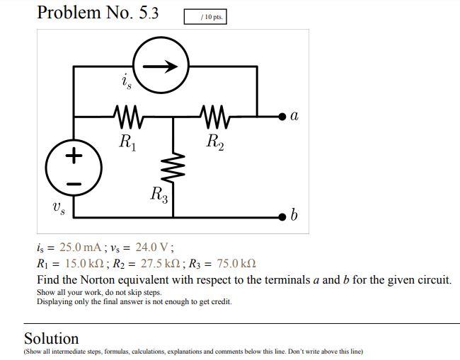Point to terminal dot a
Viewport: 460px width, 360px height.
click(x=283, y=115)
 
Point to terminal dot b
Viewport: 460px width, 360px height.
click(x=283, y=215)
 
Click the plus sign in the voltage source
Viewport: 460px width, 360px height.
click(x=74, y=156)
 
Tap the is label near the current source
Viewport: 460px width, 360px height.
click(x=126, y=82)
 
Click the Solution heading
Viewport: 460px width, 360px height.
click(x=52, y=338)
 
